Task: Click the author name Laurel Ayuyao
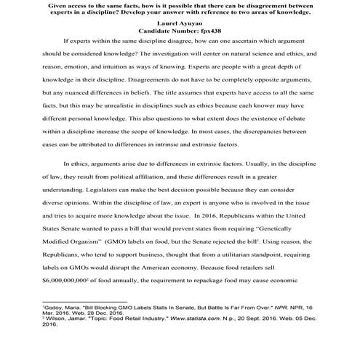click(180, 24)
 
